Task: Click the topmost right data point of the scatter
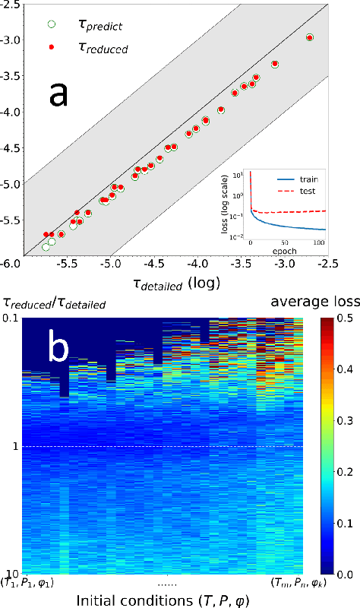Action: [x=309, y=37]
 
